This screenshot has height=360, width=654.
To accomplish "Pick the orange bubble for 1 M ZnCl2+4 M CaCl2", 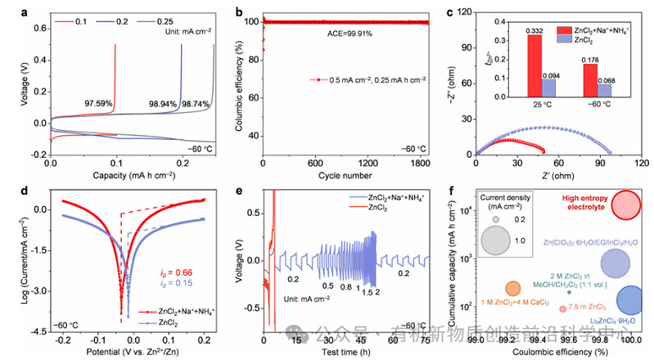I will [513, 288].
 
